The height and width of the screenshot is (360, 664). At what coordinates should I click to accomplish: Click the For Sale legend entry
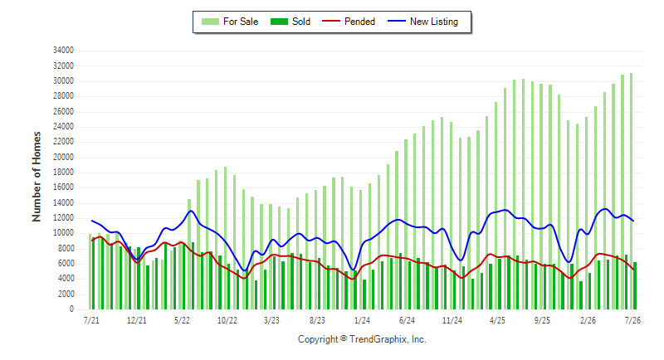(x=230, y=22)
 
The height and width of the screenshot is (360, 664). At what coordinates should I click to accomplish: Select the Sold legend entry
(x=290, y=22)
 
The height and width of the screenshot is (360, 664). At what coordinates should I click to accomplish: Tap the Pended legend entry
(x=349, y=22)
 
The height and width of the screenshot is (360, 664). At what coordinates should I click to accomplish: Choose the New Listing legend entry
(x=423, y=22)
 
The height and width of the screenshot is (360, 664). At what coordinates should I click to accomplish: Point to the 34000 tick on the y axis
(x=63, y=51)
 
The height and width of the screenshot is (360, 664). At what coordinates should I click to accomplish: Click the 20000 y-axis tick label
(x=63, y=158)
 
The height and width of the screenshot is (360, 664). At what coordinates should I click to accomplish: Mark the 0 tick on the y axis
(x=71, y=309)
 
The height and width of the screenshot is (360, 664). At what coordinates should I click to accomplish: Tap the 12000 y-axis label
(x=63, y=218)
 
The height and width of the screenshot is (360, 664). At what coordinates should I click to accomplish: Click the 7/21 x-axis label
(x=91, y=320)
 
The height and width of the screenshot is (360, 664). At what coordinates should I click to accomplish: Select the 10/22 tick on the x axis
(x=227, y=320)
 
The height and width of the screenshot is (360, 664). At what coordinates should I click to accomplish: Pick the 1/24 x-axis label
(x=362, y=320)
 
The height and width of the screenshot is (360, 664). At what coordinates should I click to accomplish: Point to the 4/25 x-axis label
(x=497, y=320)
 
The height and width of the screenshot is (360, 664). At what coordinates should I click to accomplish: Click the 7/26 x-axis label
(x=632, y=320)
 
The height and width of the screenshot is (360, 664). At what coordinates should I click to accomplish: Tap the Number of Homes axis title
(x=37, y=177)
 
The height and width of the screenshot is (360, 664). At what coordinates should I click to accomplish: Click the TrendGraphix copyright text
(x=362, y=339)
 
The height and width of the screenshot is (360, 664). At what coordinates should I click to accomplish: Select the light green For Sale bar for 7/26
(x=631, y=192)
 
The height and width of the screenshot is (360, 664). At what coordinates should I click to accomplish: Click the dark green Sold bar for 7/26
(x=635, y=286)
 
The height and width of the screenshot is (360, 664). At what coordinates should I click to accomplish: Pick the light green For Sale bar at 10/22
(x=225, y=238)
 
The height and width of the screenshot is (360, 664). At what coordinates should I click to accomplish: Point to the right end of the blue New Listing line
(x=633, y=221)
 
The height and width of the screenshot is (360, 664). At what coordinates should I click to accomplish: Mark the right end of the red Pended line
(x=633, y=270)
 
